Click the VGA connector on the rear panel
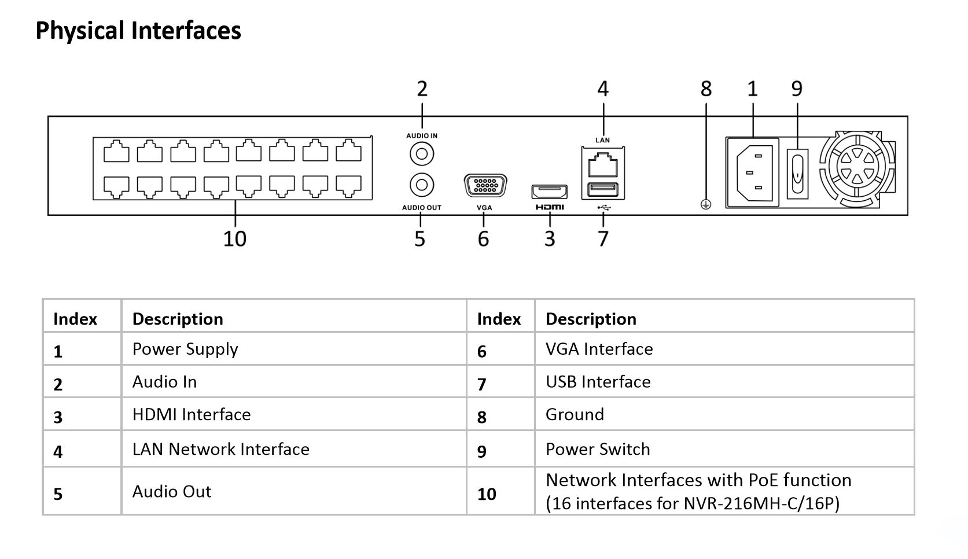click(485, 186)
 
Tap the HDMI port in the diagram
click(549, 192)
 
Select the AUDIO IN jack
click(422, 155)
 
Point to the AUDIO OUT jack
click(422, 185)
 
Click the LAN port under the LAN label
click(602, 165)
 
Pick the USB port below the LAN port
click(602, 190)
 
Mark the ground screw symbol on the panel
click(705, 204)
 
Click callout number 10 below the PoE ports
click(235, 238)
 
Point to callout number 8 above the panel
click(706, 89)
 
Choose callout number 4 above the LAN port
click(603, 89)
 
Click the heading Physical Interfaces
click(138, 31)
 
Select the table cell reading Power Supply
click(185, 349)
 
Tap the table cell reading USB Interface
click(598, 382)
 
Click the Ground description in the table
click(575, 414)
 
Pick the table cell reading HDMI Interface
click(192, 414)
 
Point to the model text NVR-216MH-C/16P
click(761, 503)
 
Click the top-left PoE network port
click(116, 152)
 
